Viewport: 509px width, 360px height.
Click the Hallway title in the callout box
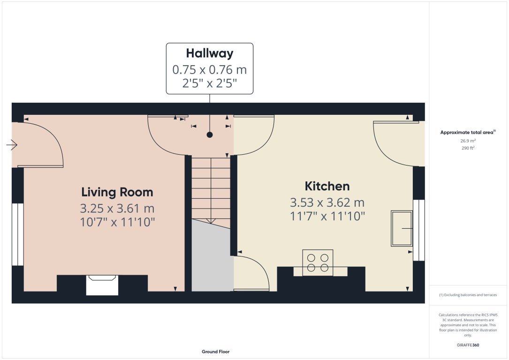point(209,53)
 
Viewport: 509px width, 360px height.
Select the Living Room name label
point(117,192)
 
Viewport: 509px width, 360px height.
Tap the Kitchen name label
point(327,186)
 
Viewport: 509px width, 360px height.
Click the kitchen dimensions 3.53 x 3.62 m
point(327,202)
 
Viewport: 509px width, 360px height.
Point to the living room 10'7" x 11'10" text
point(117,222)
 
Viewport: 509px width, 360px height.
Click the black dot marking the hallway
point(210,135)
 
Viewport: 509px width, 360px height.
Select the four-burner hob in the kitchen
point(318,262)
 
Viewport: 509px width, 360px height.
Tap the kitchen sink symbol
point(402,228)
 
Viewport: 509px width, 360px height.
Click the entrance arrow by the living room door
point(12,146)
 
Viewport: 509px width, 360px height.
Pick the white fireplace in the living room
point(102,285)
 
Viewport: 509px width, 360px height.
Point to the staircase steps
point(211,187)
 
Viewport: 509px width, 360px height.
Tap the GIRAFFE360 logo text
point(468,345)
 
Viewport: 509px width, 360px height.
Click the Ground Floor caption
point(215,352)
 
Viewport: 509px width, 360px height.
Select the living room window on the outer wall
point(17,234)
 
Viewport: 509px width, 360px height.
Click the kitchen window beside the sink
point(419,230)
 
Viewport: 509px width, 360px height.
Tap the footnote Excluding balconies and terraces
point(468,295)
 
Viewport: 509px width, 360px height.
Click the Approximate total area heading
point(467,133)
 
